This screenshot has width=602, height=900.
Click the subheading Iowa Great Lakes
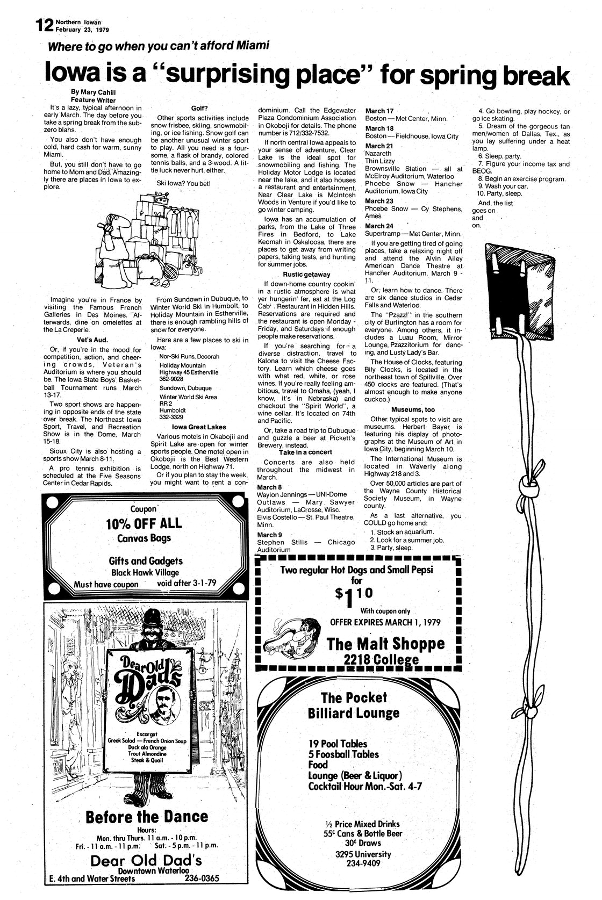tap(199, 427)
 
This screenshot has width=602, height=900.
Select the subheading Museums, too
tap(413, 409)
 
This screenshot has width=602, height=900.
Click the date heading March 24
tap(379, 226)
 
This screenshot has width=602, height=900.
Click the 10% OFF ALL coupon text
tap(144, 523)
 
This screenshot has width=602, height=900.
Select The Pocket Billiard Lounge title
tap(354, 705)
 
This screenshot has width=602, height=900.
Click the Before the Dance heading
tap(146, 817)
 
